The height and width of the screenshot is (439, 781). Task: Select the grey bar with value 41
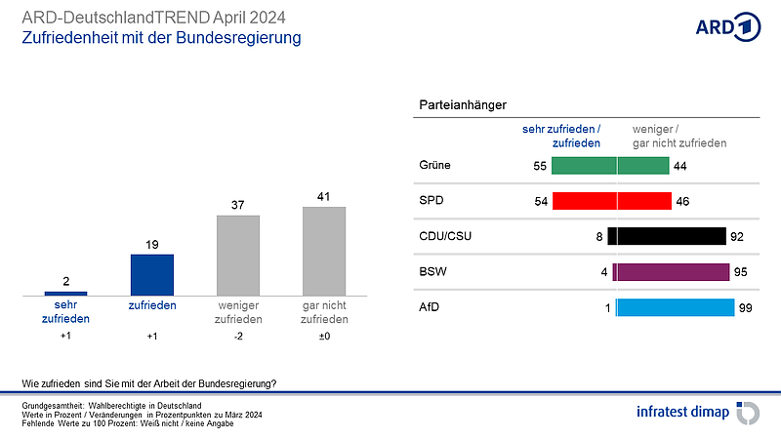(324, 251)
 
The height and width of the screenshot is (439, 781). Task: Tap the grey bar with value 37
(237, 255)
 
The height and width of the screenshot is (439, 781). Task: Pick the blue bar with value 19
(151, 274)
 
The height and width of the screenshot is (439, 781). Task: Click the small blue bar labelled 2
(65, 293)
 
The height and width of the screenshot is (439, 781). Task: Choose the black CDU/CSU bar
(667, 236)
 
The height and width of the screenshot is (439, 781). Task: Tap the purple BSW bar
(671, 272)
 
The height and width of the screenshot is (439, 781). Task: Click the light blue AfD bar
(675, 308)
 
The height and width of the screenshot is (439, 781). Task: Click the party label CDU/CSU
(440, 236)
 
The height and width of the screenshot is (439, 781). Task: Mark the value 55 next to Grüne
(539, 166)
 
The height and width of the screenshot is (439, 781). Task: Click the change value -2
(237, 337)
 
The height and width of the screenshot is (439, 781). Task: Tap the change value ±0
(324, 337)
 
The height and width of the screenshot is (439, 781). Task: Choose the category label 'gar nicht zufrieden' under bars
(324, 312)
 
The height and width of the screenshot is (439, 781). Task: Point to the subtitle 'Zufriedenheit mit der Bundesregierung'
(161, 38)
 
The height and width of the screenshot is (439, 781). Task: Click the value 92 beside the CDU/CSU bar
(739, 236)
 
